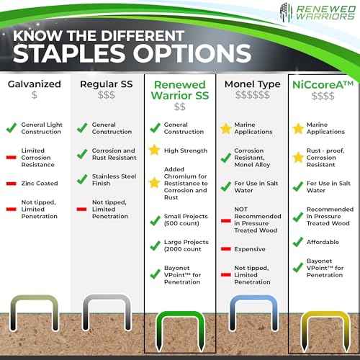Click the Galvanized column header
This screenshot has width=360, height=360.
(x=35, y=83)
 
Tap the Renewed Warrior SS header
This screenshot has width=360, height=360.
(x=179, y=89)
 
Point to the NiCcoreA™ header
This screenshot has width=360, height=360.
(x=322, y=83)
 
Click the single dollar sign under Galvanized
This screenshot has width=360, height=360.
(x=35, y=95)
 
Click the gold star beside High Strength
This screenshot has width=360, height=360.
(x=153, y=150)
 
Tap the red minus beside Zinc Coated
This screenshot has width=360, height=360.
(x=12, y=184)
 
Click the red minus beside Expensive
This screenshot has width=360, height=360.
(x=225, y=248)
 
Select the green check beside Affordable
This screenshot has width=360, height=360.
(x=297, y=242)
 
